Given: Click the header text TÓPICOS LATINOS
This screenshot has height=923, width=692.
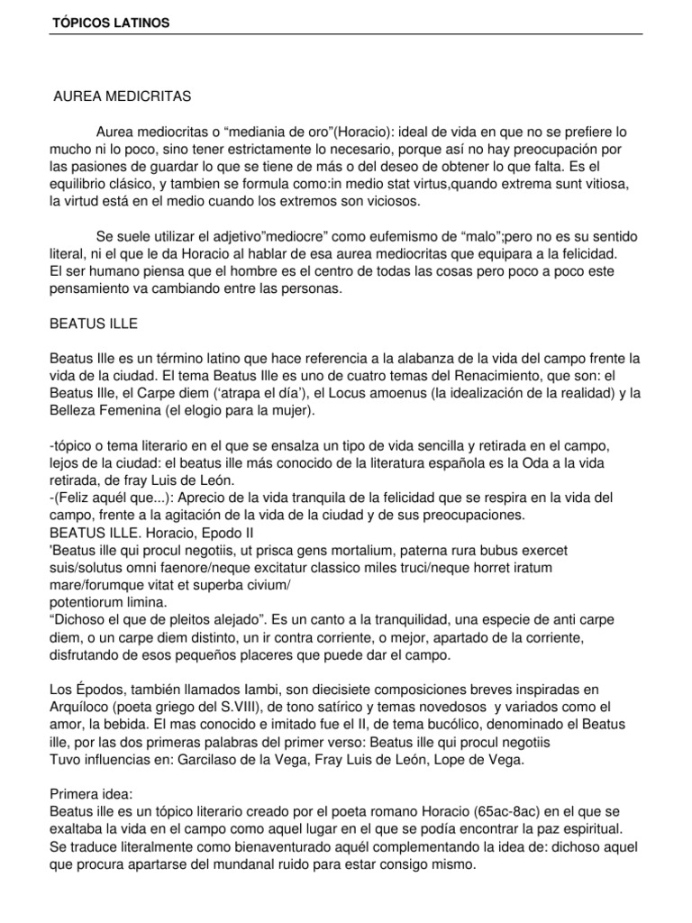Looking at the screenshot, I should click(110, 22).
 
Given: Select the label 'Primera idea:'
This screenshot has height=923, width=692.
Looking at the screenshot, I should click(93, 793).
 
